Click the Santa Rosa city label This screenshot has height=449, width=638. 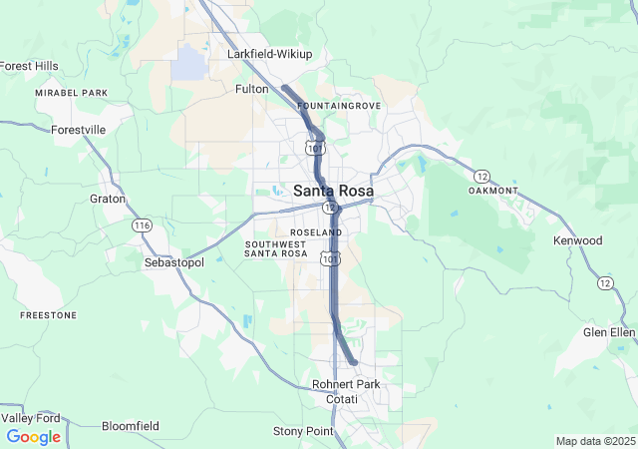coord(333,191)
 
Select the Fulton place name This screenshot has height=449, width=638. coord(251,89)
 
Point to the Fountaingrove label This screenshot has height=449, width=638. coord(339,105)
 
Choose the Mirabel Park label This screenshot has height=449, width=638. coord(71,93)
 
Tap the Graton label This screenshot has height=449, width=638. coord(108,199)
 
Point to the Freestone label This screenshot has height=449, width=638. coord(48,315)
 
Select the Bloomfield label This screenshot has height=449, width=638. coord(130,426)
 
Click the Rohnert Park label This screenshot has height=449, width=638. coord(346,384)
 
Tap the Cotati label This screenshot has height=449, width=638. coord(342,399)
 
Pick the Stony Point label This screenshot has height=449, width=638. coord(301,431)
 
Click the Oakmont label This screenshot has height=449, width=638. coord(493,191)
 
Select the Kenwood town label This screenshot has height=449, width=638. coord(578,240)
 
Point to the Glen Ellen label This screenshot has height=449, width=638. coord(609,332)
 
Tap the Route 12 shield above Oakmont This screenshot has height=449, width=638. coord(481,176)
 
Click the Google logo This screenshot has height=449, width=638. coord(33,437)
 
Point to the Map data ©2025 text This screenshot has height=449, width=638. coord(595,441)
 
